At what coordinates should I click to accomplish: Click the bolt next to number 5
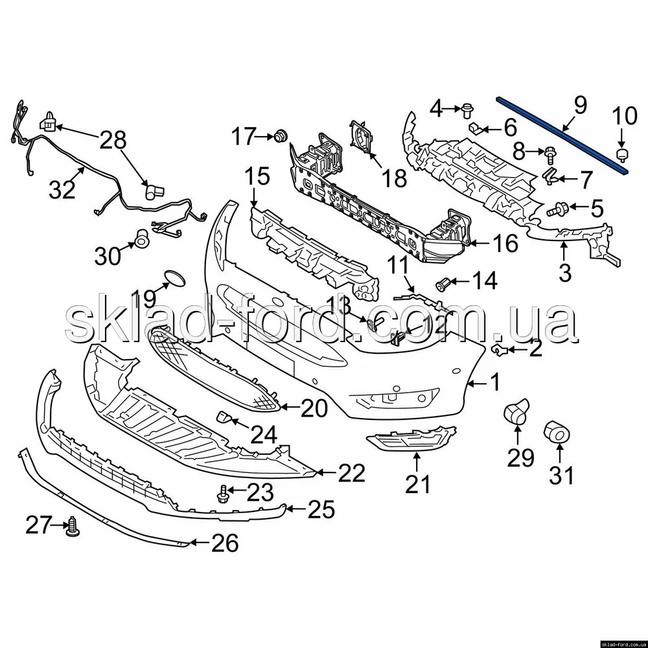(559, 209)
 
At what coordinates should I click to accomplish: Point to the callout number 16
(505, 244)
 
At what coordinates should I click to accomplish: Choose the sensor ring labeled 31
(557, 430)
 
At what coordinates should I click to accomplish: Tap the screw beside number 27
(73, 528)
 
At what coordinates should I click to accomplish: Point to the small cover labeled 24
(225, 417)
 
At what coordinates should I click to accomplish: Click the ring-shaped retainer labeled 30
(141, 240)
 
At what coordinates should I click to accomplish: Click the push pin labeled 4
(466, 110)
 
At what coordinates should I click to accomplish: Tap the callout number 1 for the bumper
(494, 384)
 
